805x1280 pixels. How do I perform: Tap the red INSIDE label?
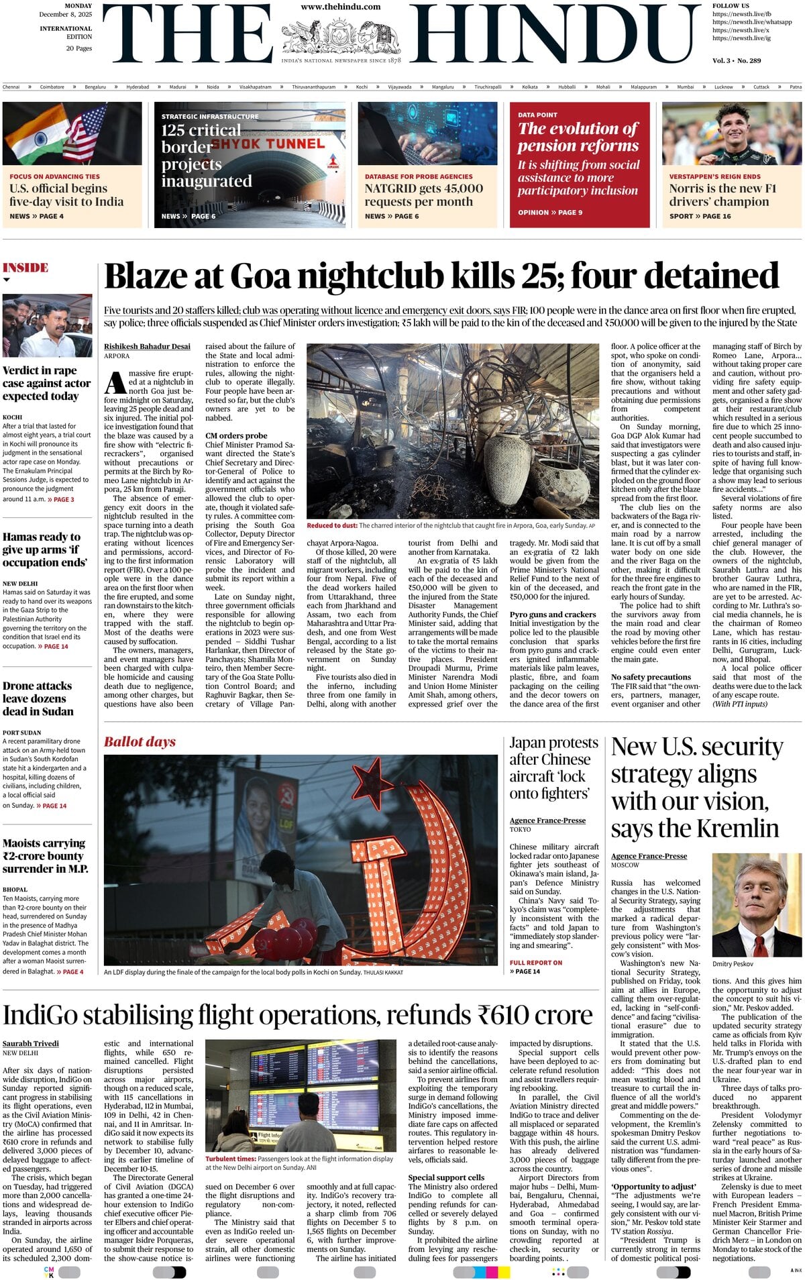coord(25,268)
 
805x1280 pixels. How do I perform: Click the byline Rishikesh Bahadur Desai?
coord(147,347)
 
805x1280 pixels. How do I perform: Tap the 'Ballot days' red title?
coord(140,742)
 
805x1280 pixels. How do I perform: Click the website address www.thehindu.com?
coord(340,7)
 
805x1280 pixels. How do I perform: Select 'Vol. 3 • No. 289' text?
coord(737,60)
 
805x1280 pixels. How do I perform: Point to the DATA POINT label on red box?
coord(537,115)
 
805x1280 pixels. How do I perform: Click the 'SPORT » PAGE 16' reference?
coord(700,216)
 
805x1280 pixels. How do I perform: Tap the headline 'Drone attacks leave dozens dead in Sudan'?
coord(38,698)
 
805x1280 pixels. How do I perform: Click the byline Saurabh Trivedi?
coord(31,1043)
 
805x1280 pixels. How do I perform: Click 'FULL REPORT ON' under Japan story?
coord(536,963)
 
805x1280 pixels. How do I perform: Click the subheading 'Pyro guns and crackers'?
coord(553,614)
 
